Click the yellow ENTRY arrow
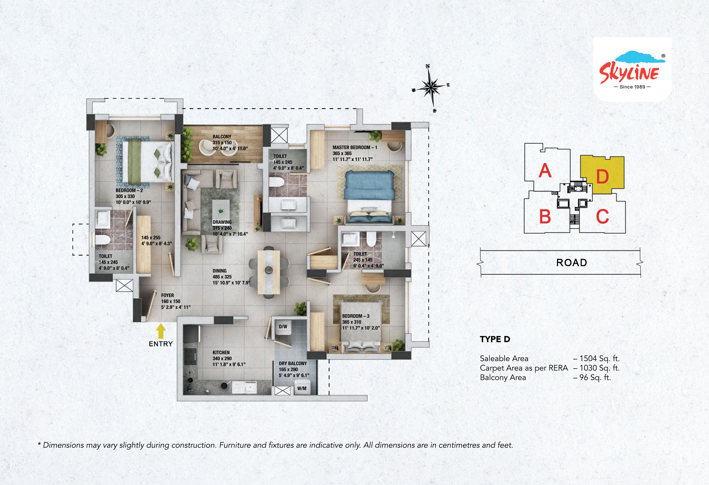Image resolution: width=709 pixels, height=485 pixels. [161, 331]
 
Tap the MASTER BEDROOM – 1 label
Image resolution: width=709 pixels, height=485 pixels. [354, 147]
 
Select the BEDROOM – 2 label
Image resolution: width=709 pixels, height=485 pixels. [129, 190]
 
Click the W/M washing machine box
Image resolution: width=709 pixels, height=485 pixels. [302, 388]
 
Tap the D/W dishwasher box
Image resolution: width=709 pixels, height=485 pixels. [283, 326]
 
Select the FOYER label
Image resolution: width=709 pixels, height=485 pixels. [167, 295]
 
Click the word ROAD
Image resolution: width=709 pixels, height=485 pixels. [571, 263]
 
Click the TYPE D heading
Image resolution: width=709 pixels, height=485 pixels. [495, 339]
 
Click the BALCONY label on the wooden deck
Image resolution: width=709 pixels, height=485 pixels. [222, 137]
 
